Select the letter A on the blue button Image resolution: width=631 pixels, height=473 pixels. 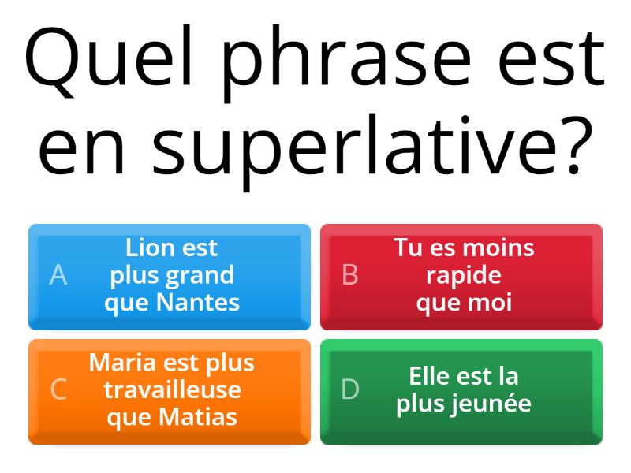coord(58,275)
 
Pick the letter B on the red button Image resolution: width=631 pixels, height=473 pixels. coord(350,275)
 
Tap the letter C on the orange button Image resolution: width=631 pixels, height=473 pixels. coord(58,389)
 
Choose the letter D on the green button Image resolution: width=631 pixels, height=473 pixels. coord(350,389)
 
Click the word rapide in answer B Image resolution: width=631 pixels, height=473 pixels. coord(464,275)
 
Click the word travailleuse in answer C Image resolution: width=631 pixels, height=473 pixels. coord(172,389)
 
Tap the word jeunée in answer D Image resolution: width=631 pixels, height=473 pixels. coord(493,403)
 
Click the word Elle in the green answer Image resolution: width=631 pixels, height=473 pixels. coord(429,376)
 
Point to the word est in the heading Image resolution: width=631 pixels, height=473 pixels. coord(556,59)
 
